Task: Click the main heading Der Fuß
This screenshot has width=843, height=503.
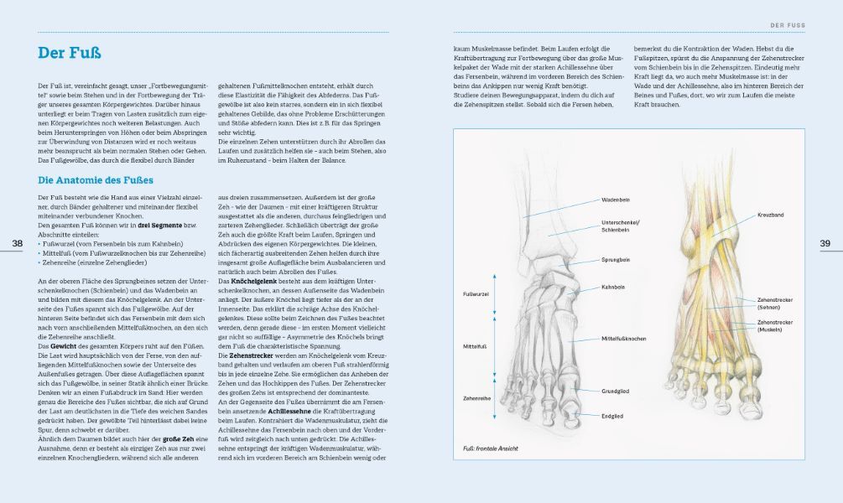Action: coord(69,54)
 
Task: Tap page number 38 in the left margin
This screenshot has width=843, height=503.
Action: coord(18,243)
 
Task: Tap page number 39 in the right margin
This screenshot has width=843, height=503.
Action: coord(825,243)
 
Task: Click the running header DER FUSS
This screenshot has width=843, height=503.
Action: coord(788,25)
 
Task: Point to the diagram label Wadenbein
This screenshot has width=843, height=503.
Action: coord(616,200)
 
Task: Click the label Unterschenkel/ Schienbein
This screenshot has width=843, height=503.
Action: coord(616,226)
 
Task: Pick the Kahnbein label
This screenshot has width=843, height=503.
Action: coord(613,288)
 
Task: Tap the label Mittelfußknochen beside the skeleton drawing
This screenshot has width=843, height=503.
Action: coord(623,338)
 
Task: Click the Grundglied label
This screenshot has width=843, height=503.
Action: coord(615,391)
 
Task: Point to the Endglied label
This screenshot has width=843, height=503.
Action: coord(612,415)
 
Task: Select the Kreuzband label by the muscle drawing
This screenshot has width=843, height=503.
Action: coord(770,215)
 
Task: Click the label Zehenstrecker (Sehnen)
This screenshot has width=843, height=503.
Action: coord(774,303)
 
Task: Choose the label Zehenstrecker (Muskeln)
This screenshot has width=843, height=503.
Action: coord(774,325)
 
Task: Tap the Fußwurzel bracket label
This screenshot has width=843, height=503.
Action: coord(476,294)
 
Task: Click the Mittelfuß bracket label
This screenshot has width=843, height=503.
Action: coord(474,344)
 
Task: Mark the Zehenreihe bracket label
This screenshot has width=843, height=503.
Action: coord(476,398)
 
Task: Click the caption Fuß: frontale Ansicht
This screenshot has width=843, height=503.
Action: coord(491,449)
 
